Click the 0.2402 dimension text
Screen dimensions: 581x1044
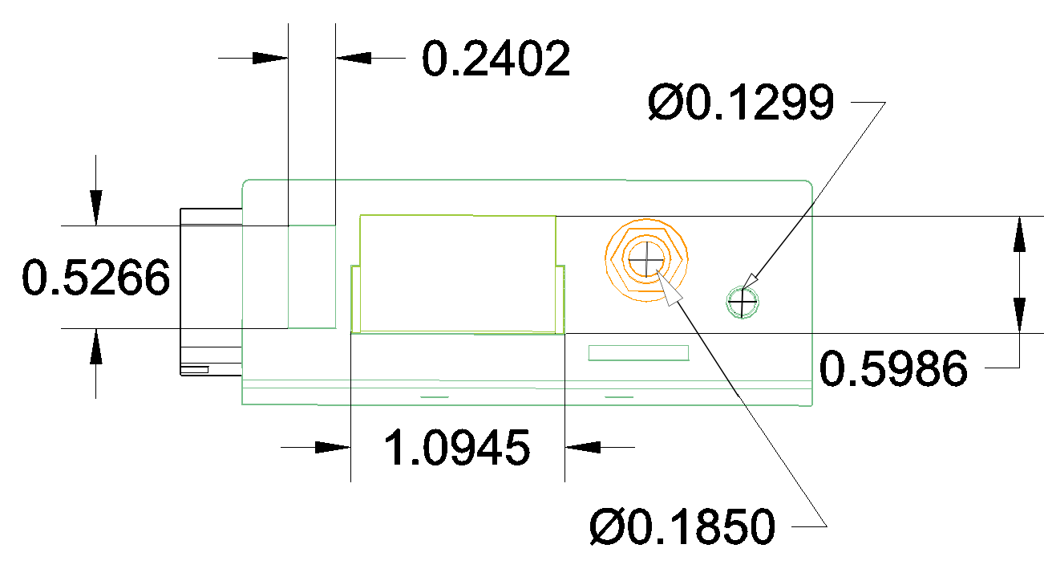tap(496, 59)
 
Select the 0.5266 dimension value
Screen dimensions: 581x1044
tap(96, 278)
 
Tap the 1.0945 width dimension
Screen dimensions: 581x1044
tap(457, 448)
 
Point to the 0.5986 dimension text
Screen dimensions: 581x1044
tap(893, 370)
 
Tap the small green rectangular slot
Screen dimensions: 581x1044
tap(638, 352)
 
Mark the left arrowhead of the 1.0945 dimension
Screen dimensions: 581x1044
tap(332, 447)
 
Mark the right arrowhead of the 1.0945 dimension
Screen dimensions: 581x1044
tap(583, 447)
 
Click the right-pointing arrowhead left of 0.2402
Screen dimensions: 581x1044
tap(269, 58)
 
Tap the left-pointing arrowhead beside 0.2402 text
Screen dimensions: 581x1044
tap(354, 58)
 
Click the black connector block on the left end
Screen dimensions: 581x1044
tap(210, 292)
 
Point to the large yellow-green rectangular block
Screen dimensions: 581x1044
tap(457, 273)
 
